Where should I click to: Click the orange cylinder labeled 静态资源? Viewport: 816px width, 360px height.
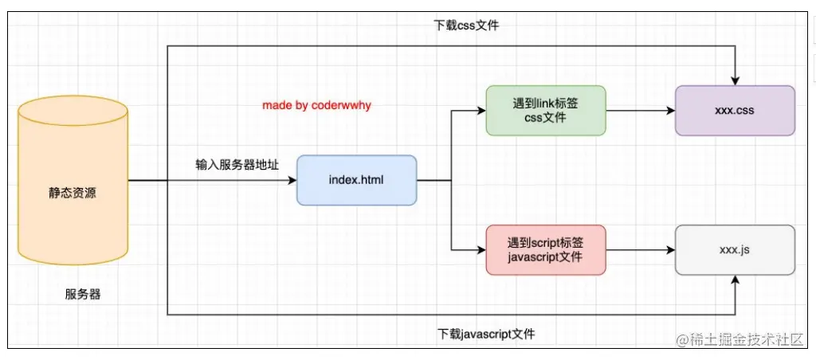[x=73, y=192]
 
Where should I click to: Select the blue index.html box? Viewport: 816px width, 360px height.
[x=356, y=180]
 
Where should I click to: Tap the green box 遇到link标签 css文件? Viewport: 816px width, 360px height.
[x=546, y=111]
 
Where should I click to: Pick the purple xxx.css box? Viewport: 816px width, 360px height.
[x=735, y=111]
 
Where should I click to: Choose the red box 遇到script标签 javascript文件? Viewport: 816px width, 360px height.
[x=546, y=250]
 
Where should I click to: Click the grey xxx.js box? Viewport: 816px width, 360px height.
[x=735, y=250]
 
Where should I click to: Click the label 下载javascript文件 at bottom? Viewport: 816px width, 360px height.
[x=486, y=334]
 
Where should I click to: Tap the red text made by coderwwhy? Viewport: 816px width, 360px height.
[x=317, y=105]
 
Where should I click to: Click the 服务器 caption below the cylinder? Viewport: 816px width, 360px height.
[x=83, y=294]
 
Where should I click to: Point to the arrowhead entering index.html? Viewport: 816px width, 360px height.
[x=292, y=181]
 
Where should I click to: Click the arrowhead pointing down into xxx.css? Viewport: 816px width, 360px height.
[x=735, y=80]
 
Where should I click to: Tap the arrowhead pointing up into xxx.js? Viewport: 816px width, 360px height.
[x=735, y=281]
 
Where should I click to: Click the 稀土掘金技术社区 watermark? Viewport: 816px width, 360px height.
[x=740, y=340]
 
